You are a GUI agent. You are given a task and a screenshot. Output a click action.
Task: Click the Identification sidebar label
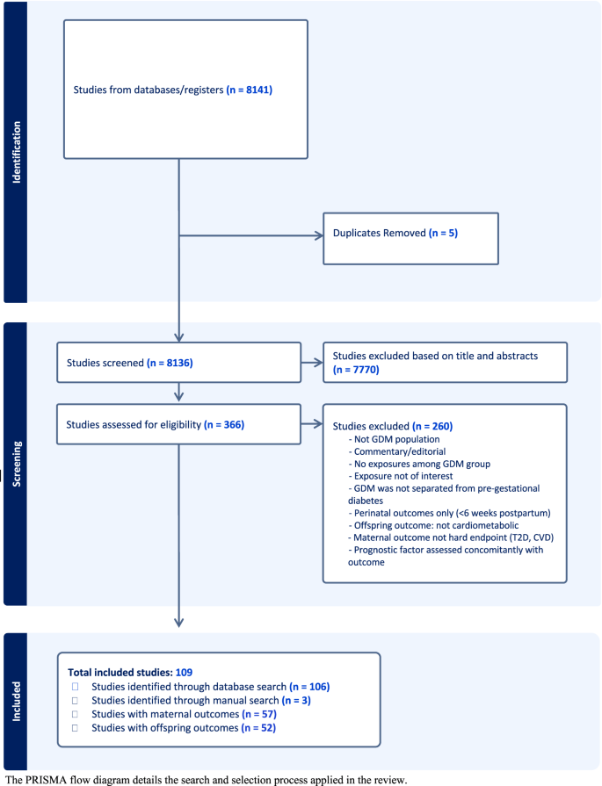[14, 151]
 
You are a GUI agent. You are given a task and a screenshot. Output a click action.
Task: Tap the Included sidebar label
[14, 701]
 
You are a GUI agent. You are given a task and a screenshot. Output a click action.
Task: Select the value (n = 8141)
[255, 90]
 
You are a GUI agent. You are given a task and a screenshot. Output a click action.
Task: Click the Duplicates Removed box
[410, 237]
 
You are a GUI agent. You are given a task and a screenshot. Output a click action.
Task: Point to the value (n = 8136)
[191, 362]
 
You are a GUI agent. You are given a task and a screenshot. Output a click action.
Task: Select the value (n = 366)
[223, 425]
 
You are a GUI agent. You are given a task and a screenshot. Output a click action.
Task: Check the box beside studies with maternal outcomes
[76, 715]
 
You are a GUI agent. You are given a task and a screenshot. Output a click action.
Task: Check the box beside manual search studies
[76, 701]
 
